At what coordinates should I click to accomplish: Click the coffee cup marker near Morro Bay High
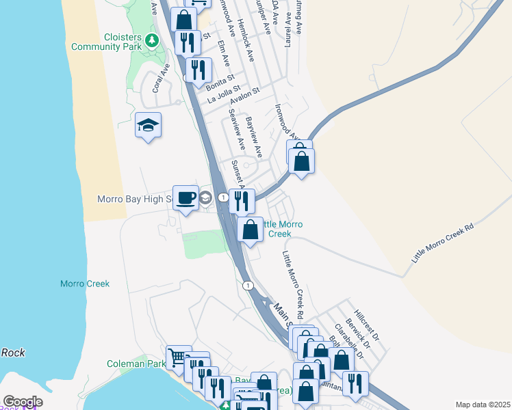[x=185, y=198]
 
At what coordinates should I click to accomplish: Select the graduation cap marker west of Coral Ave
[x=148, y=125]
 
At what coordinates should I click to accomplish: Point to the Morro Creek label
[x=85, y=284]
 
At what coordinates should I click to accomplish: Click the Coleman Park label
[x=136, y=364]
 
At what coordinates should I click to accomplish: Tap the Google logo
[x=23, y=402]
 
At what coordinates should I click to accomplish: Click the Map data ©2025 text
[x=483, y=405]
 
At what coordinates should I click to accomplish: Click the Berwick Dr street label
[x=358, y=333]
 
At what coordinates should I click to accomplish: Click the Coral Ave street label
[x=161, y=78]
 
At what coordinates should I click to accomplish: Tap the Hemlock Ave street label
[x=246, y=40]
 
